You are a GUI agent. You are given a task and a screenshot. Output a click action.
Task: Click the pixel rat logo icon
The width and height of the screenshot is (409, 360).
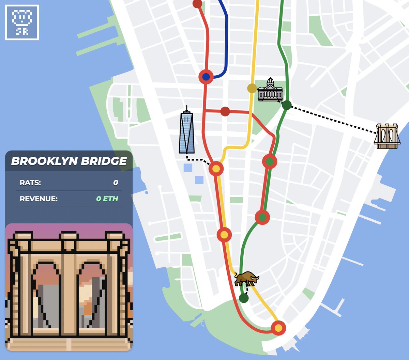pyautogui.click(x=22, y=22)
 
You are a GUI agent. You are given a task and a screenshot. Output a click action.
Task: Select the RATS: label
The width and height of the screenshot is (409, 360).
pyautogui.click(x=30, y=183)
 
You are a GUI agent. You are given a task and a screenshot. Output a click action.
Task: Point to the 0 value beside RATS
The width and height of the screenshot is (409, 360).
pyautogui.click(x=116, y=183)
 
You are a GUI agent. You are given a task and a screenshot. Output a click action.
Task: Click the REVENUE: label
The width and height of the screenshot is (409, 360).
pyautogui.click(x=39, y=199)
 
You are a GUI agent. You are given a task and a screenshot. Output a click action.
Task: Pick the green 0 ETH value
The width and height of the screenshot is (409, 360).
pyautogui.click(x=107, y=199)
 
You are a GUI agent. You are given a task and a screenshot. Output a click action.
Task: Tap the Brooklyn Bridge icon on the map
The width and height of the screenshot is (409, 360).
pyautogui.click(x=387, y=136)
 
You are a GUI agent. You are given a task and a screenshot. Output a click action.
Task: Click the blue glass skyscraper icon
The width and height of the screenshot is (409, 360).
pyautogui.click(x=187, y=131)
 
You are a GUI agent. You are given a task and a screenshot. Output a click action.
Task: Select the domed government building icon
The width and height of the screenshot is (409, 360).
pyautogui.click(x=270, y=90)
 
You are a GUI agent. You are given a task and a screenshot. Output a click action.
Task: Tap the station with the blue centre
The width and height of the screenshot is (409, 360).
pyautogui.click(x=206, y=77)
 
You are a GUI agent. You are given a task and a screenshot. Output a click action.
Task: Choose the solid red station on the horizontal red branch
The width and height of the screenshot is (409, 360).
pyautogui.click(x=225, y=111)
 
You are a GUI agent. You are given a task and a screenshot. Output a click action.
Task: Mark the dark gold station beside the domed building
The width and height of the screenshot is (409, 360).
pyautogui.click(x=252, y=88)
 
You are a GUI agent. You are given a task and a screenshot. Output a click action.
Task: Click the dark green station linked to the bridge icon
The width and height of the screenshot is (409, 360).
pyautogui.click(x=287, y=105)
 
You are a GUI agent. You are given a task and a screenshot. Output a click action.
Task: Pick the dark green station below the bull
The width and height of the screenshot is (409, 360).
pyautogui.click(x=244, y=298)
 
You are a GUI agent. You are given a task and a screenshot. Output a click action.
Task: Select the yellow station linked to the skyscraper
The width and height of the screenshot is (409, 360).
pyautogui.click(x=216, y=169)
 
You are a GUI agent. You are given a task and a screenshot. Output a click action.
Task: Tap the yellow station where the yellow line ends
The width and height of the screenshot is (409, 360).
pyautogui.click(x=278, y=328)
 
